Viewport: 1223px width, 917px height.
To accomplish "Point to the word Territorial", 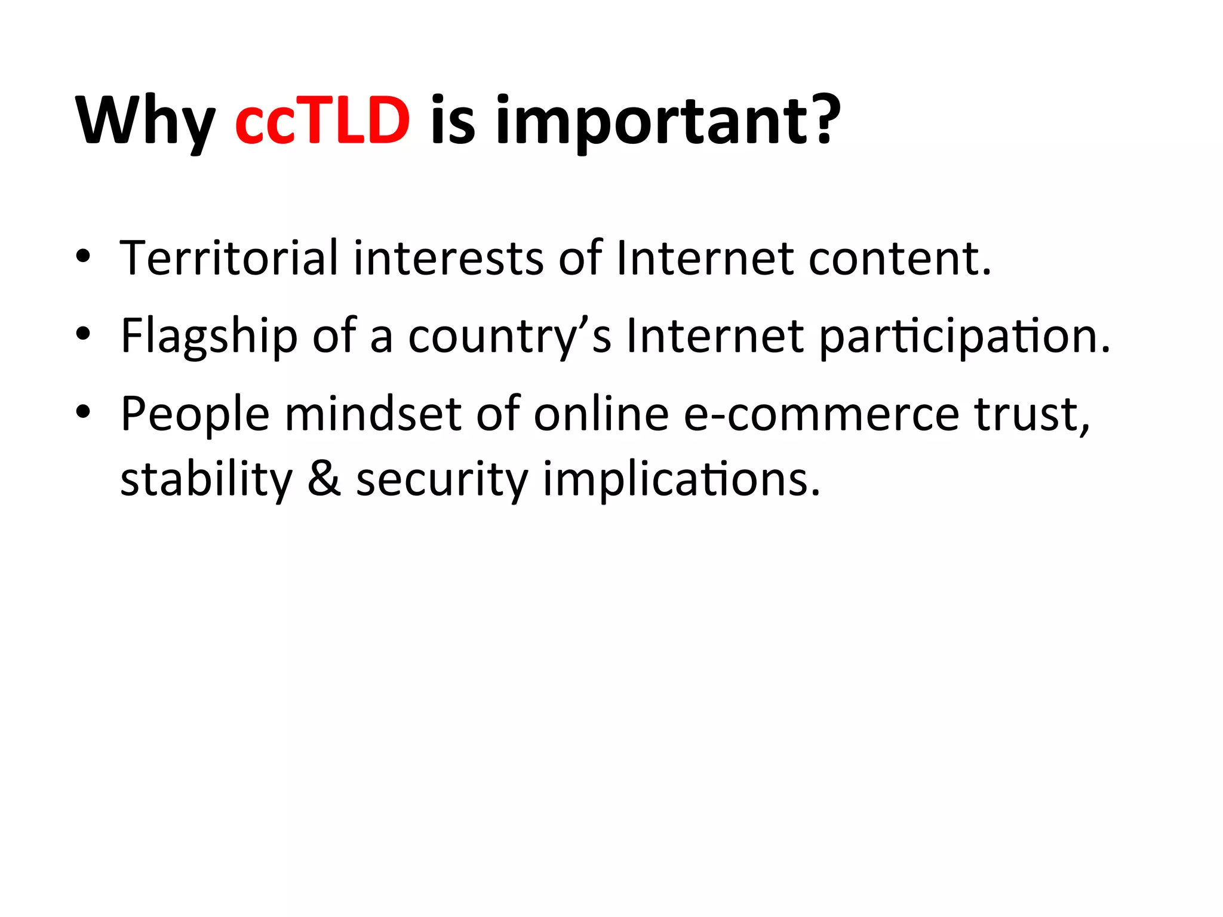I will pyautogui.click(x=229, y=258).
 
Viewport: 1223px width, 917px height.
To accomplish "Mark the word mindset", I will pyautogui.click(x=373, y=413).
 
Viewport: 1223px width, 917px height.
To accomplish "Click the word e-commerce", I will pyautogui.click(x=821, y=414).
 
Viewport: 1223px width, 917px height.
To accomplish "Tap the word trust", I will pyautogui.click(x=1031, y=414).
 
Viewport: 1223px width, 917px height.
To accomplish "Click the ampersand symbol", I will pyautogui.click(x=324, y=479).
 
